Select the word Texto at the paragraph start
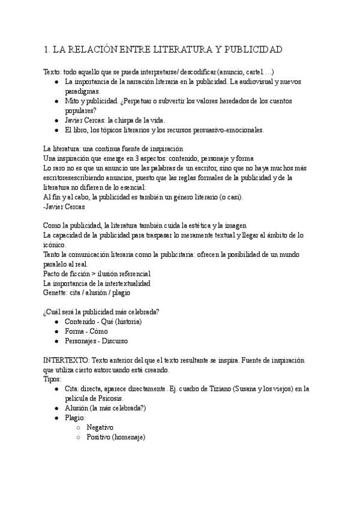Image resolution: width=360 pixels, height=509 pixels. (x=53, y=72)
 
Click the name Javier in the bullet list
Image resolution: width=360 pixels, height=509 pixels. (x=76, y=119)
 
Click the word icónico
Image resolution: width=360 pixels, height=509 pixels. (x=54, y=244)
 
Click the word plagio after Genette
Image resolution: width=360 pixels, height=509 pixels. (x=120, y=292)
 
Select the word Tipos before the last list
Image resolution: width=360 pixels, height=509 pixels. (x=53, y=379)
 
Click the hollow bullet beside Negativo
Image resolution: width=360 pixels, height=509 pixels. (x=79, y=427)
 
